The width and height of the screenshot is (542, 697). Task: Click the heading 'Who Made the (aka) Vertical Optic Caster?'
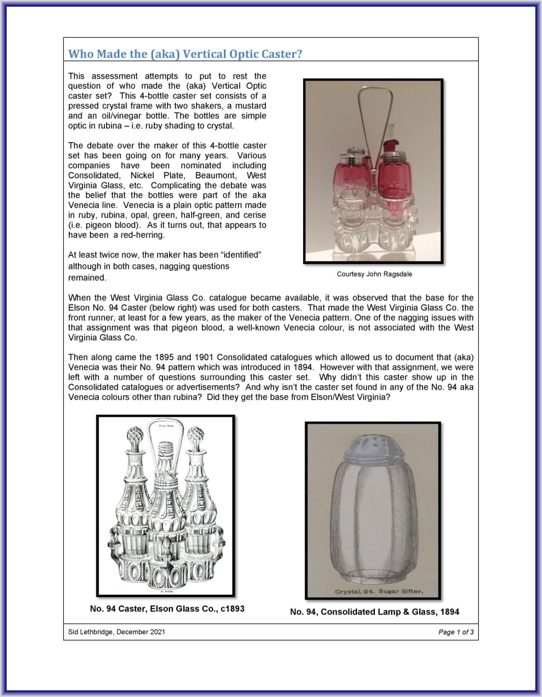pyautogui.click(x=185, y=54)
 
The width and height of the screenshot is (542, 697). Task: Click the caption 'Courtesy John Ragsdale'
pyautogui.click(x=374, y=274)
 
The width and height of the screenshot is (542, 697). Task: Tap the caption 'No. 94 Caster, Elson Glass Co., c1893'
pyautogui.click(x=167, y=608)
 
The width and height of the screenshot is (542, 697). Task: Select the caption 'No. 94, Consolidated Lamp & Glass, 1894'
pyautogui.click(x=375, y=612)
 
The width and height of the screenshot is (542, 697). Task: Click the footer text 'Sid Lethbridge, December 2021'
pyautogui.click(x=117, y=632)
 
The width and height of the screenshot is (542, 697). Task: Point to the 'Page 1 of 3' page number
pyautogui.click(x=456, y=632)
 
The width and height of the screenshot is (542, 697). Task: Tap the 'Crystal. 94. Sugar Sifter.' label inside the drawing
pyautogui.click(x=379, y=591)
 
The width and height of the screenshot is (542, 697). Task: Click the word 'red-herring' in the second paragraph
pyautogui.click(x=145, y=235)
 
